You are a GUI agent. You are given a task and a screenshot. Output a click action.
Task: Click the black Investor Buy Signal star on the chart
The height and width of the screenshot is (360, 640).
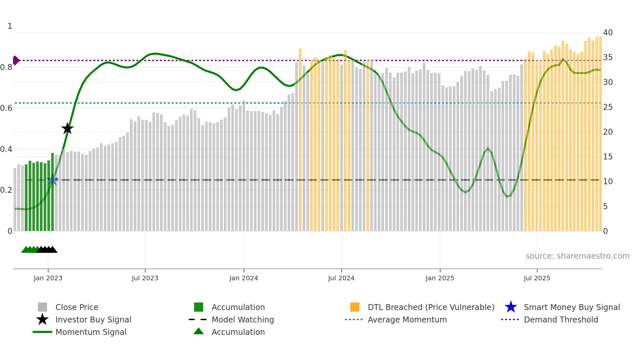click(x=67, y=129)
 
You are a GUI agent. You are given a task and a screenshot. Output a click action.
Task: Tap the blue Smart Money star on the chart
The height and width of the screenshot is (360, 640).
click(x=53, y=180)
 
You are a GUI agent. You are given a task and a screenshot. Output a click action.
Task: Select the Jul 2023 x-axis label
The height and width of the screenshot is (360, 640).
click(x=145, y=278)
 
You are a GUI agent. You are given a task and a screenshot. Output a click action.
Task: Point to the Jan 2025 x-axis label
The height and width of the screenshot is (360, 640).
click(x=440, y=278)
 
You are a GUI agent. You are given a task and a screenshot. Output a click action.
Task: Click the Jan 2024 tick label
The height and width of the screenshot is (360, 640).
click(x=244, y=278)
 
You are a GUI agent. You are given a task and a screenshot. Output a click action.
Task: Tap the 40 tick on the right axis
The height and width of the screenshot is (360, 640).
click(x=608, y=33)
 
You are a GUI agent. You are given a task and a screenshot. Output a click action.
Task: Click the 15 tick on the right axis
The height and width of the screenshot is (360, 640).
click(x=608, y=157)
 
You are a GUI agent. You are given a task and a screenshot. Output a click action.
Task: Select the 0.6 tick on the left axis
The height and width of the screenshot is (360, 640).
click(x=6, y=108)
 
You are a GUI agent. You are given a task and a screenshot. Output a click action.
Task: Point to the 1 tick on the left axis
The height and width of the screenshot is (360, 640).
click(x=10, y=26)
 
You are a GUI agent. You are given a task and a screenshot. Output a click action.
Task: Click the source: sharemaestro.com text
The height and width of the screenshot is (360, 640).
click(x=577, y=256)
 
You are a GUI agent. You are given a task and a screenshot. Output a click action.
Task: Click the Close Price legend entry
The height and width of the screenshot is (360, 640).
click(x=77, y=307)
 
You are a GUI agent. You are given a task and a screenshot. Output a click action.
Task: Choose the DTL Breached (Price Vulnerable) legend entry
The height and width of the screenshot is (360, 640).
click(x=431, y=307)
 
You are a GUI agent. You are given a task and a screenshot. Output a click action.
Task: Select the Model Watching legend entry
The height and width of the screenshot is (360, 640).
click(x=243, y=320)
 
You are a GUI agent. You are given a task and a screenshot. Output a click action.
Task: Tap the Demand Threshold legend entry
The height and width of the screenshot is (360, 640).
click(x=561, y=320)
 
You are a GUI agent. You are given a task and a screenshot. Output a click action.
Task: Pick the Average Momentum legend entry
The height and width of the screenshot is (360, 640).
click(x=407, y=320)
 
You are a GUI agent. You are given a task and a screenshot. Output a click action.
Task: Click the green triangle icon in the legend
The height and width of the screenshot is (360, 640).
click(x=199, y=331)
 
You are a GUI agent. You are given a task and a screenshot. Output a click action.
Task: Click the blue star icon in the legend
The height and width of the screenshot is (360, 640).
click(x=511, y=307)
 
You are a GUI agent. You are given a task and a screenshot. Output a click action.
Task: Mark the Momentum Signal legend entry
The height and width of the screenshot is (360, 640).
click(x=91, y=332)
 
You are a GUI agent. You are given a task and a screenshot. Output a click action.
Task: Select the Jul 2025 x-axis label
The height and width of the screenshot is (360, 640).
click(x=537, y=278)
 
